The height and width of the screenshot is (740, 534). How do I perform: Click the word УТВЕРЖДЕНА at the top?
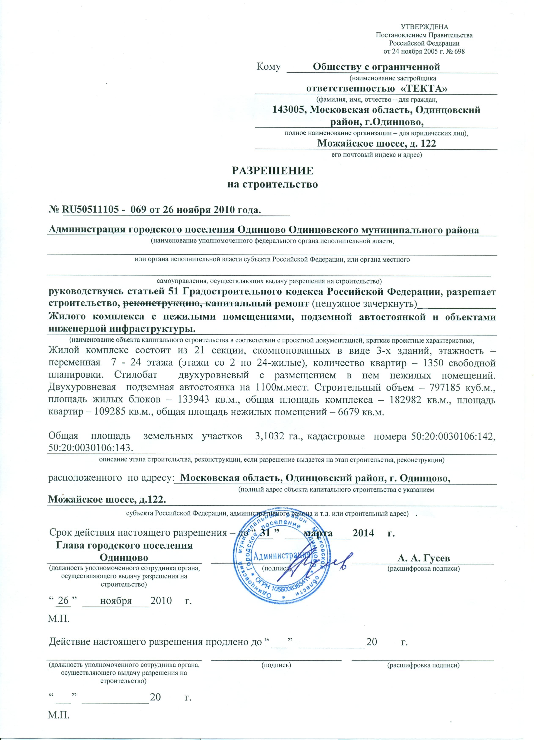pyautogui.click(x=424, y=27)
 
